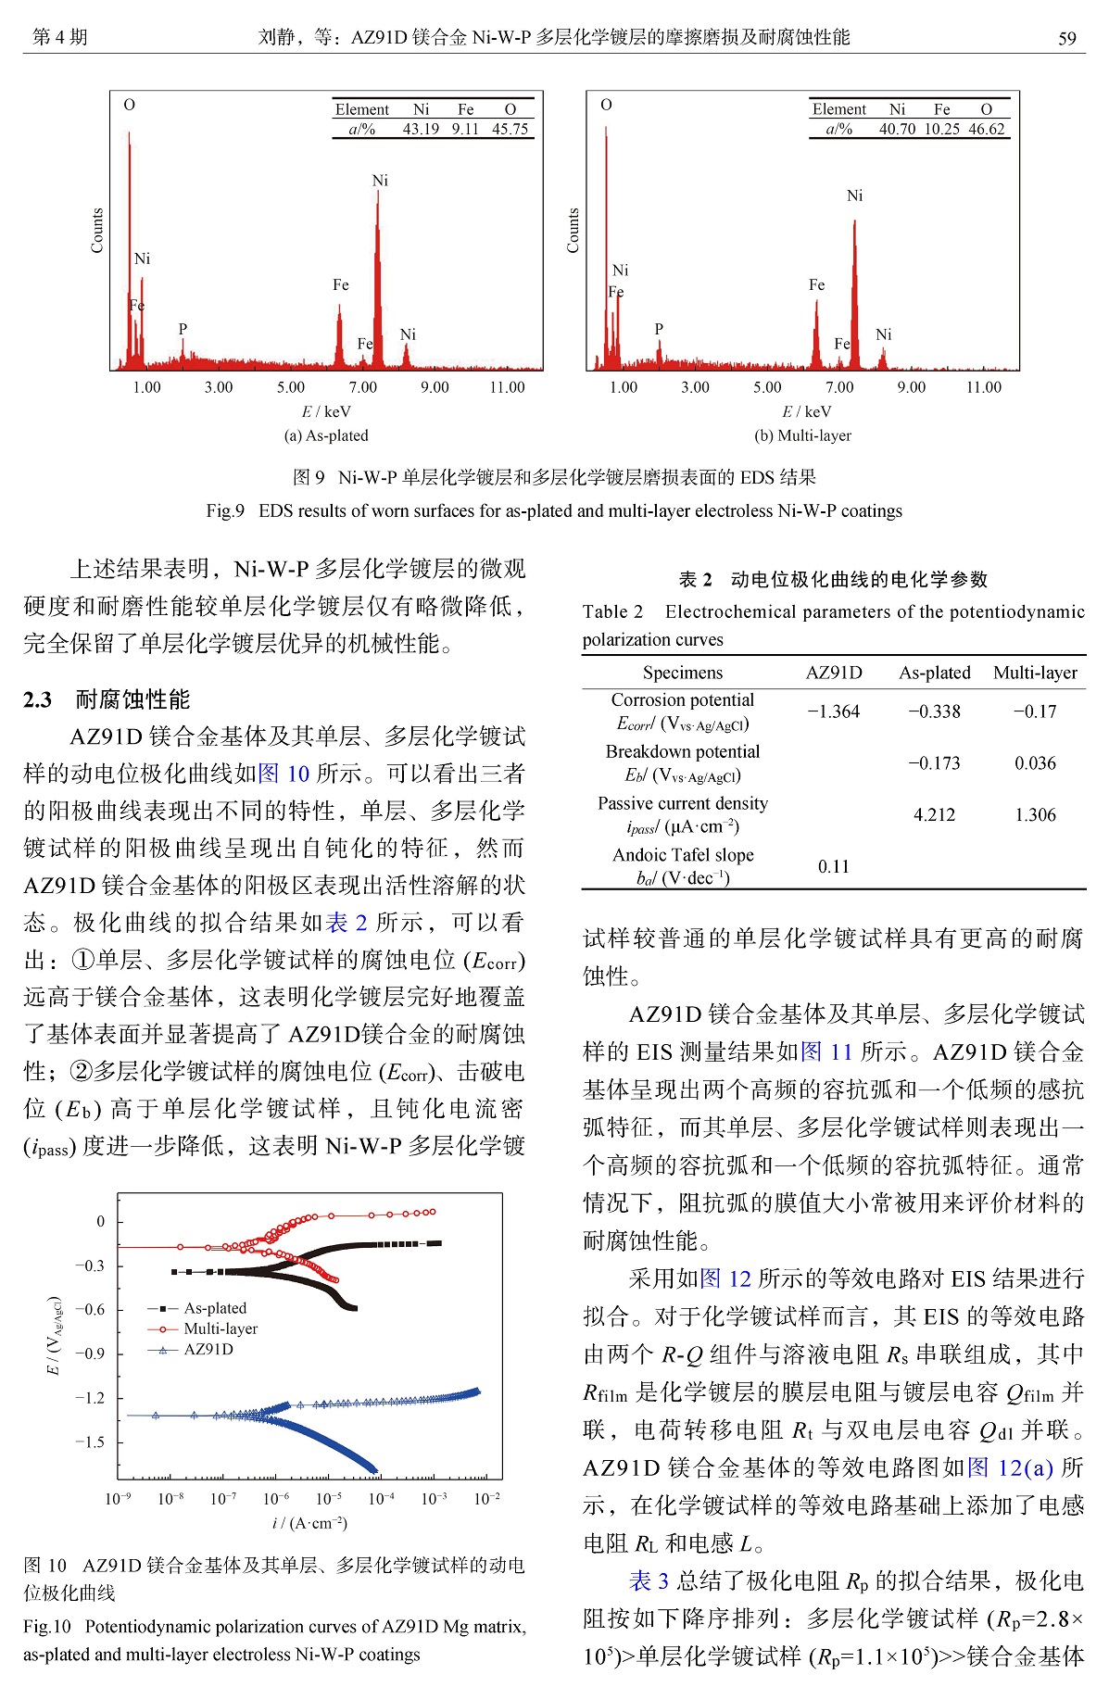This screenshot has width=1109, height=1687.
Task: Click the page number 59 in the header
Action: point(1066,38)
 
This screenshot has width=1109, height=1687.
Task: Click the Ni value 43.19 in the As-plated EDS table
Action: point(421,130)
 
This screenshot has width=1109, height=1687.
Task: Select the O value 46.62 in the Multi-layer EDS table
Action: point(986,130)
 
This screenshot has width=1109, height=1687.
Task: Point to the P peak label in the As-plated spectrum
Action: point(183,329)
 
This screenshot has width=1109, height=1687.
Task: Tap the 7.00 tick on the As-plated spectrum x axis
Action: point(362,387)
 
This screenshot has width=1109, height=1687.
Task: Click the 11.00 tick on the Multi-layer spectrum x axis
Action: point(983,387)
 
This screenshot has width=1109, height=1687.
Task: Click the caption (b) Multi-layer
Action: point(802,435)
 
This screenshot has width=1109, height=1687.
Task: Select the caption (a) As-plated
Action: point(326,435)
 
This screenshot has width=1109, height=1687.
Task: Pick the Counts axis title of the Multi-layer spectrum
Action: point(573,231)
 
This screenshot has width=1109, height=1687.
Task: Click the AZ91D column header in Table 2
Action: point(833,673)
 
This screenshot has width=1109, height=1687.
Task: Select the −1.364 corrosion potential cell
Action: point(833,711)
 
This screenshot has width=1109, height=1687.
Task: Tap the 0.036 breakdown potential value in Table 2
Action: point(1035,763)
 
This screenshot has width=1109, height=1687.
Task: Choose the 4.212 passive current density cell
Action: point(934,815)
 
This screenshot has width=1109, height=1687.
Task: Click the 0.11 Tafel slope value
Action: point(833,867)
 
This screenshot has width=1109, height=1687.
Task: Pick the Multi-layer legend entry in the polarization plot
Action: point(221,1328)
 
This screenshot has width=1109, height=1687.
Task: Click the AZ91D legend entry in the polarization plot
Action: point(208,1349)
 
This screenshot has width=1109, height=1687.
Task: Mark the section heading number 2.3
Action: point(38,699)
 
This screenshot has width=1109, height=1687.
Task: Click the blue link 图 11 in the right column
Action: point(825,1051)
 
